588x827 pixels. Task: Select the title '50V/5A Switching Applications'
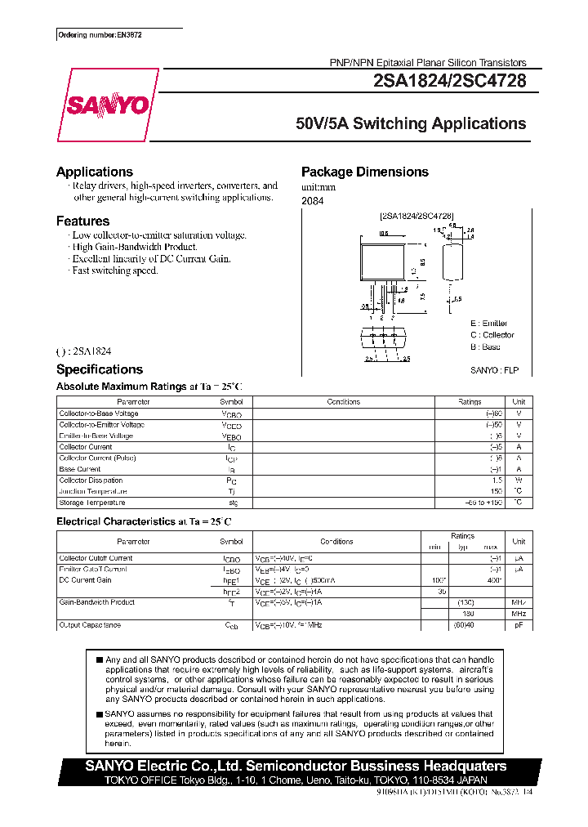coord(411,124)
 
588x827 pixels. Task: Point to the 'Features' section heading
coord(82,221)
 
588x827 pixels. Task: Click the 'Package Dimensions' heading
coord(364,172)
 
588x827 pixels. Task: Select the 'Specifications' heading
coord(99,369)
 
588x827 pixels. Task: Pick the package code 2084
coord(312,200)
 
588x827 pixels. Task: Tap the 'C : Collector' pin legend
coord(492,335)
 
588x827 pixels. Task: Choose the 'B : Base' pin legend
coord(485,346)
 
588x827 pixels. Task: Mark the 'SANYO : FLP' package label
coord(494,370)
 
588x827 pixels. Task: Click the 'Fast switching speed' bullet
coord(114,270)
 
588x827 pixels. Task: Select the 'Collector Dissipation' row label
coord(91,481)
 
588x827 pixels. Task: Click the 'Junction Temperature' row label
coord(92,492)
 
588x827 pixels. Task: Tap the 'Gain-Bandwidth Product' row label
coord(96,602)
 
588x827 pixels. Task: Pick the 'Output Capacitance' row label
coord(90,625)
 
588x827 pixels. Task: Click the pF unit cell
coord(518,625)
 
